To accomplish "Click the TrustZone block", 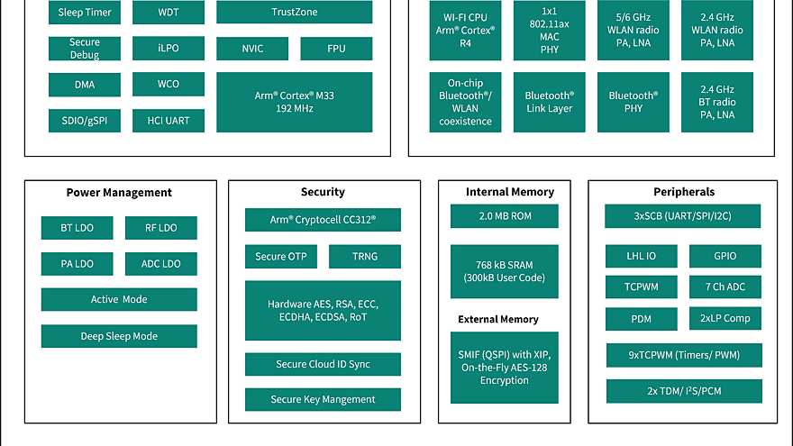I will [x=294, y=13].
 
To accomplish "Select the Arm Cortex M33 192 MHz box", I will [x=294, y=102].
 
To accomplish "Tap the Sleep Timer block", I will [x=85, y=13].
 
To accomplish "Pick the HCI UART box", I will [x=168, y=120].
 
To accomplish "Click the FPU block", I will [x=336, y=49].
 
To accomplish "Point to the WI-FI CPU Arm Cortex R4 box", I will [x=466, y=31].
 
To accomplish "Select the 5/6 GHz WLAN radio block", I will [x=633, y=31].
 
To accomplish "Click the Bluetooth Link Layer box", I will [x=549, y=102].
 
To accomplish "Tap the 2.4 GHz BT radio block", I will [x=716, y=102].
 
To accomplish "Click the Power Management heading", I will [x=119, y=192].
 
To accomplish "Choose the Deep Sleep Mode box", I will [x=119, y=336].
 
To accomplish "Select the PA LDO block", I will [x=77, y=264].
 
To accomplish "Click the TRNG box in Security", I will [x=365, y=257].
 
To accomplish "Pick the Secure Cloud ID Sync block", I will [x=323, y=364].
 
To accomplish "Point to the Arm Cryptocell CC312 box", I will [x=323, y=220].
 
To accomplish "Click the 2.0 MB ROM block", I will [x=505, y=216].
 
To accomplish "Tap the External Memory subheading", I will [x=498, y=319].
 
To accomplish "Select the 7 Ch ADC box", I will [x=725, y=287].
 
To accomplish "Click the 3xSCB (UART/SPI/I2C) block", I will [x=683, y=216].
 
